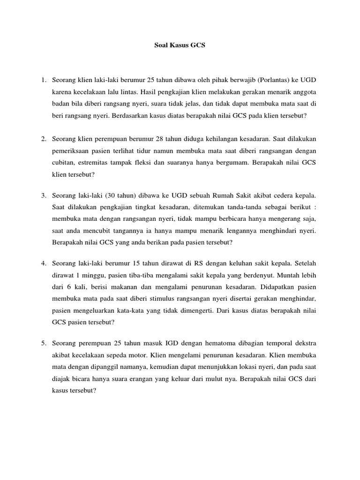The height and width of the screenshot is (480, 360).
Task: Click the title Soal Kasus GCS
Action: [180, 46]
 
